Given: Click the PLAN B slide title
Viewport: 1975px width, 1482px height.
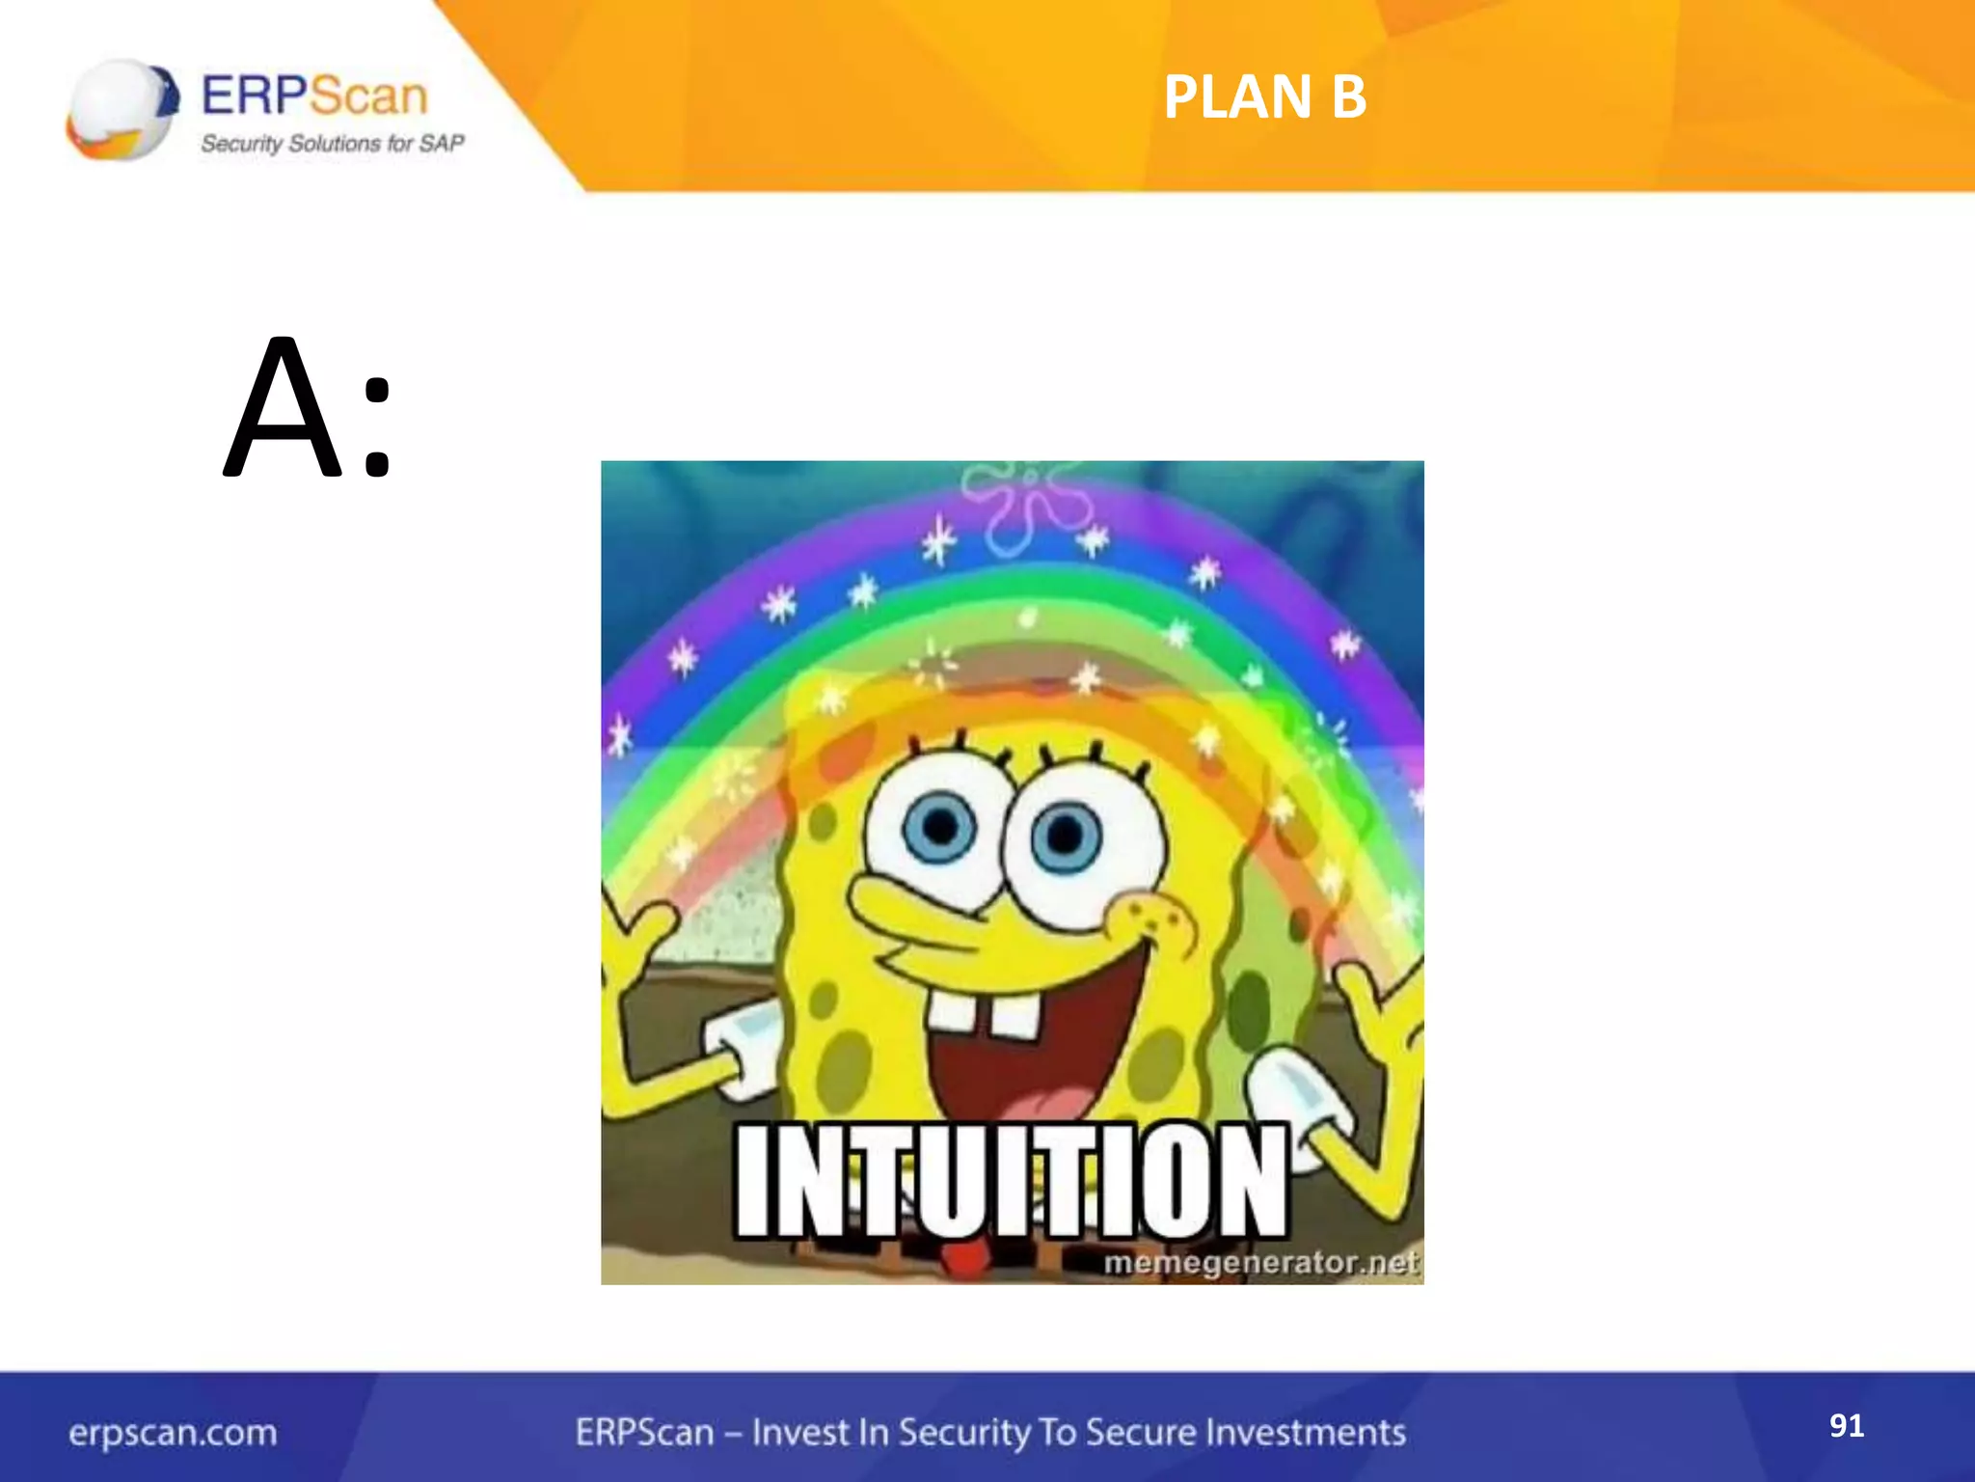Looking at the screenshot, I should point(1264,97).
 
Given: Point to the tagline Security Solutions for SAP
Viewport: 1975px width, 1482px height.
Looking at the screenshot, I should point(332,144).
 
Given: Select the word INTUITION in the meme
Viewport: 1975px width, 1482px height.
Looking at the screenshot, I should point(1011,1180).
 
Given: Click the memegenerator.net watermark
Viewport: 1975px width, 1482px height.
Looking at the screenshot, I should point(1259,1262).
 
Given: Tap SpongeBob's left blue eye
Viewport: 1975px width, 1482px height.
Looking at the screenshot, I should point(940,827).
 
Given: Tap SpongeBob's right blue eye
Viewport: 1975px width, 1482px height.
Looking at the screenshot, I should point(1065,835).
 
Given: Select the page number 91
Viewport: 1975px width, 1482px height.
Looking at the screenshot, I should point(1846,1425).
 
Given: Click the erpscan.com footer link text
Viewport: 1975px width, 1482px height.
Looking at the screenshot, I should point(173,1433).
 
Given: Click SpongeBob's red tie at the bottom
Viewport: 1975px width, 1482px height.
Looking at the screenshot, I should point(960,1258).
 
